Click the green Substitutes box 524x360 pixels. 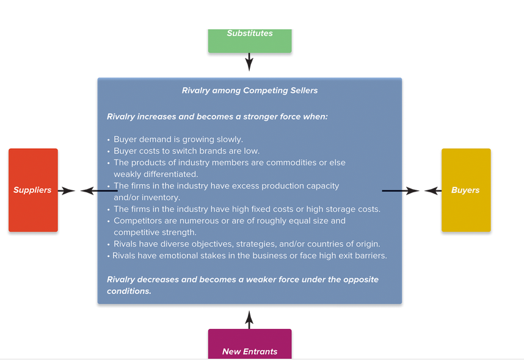250,41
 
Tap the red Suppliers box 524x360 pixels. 33,190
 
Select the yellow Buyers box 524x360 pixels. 466,190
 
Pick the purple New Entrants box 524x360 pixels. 250,344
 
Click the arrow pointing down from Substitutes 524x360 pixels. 249,62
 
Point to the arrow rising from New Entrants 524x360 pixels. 249,320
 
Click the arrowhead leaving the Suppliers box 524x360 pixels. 67,191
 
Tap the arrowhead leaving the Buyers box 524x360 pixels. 433,191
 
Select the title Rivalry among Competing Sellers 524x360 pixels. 250,90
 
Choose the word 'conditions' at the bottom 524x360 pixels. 128,291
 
